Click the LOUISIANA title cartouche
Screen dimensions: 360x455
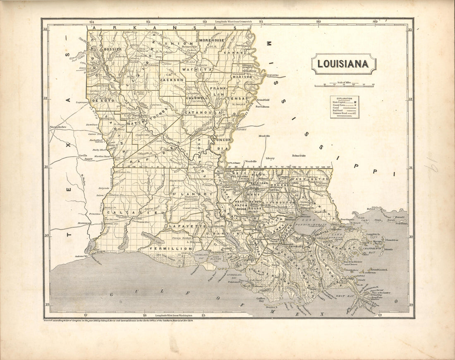pos(344,64)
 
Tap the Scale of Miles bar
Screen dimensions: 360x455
pos(344,86)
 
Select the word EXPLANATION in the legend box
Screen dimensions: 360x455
pos(344,98)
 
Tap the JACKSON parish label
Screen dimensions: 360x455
pos(172,79)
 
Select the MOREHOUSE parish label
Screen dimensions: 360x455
pos(211,40)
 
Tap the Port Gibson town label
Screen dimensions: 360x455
pos(262,106)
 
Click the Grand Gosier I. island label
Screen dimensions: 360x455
pos(378,269)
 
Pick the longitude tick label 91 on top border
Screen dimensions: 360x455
pos(261,22)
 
